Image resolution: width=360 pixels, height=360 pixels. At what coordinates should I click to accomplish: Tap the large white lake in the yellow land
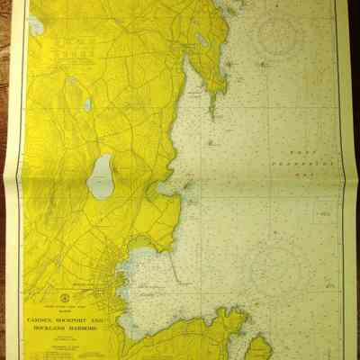click(x=102, y=175)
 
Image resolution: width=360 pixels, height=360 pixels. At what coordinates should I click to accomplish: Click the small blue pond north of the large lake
click(x=87, y=104)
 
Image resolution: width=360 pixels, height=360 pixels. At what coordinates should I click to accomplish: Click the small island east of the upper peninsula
click(x=263, y=64)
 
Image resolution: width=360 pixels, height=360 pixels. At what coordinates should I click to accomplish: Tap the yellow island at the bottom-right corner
click(x=258, y=347)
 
